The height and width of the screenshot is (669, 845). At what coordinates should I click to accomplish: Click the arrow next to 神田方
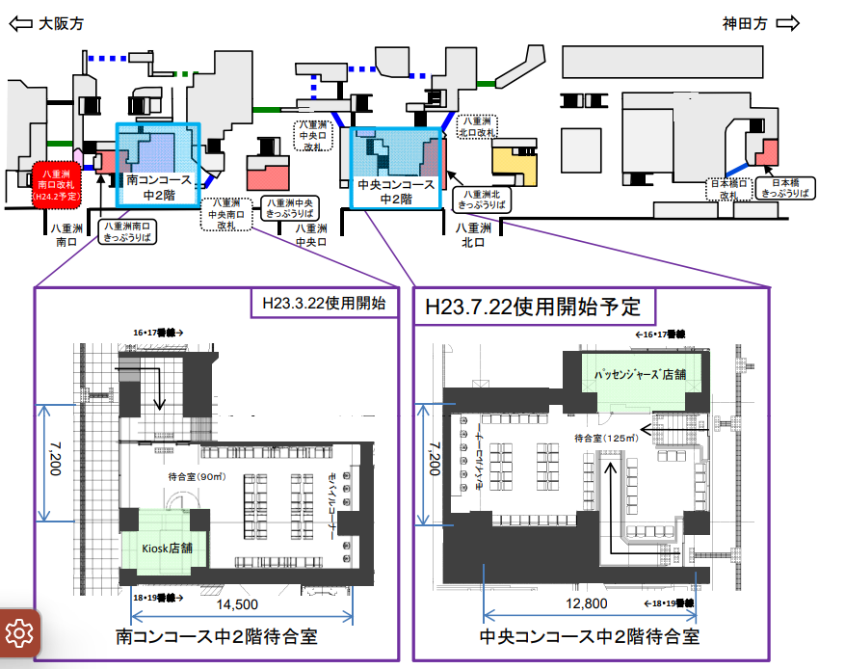pos(788,24)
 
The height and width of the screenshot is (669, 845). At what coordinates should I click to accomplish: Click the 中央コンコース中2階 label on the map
pos(395,191)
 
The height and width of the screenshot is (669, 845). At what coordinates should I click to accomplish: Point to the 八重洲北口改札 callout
pos(479,127)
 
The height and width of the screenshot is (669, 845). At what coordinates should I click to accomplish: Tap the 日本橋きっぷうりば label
pos(787,187)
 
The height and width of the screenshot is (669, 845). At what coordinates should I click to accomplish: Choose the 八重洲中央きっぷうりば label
pos(291,209)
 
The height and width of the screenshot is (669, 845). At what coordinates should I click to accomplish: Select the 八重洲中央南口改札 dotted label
pos(226,213)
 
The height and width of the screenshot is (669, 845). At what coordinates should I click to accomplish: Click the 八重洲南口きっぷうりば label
pos(126,231)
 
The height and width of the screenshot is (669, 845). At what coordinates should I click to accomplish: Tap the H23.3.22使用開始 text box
pos(324,303)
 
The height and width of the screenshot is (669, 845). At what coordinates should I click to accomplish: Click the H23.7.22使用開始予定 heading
pos(533,308)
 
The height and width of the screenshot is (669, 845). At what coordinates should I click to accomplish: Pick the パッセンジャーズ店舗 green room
pos(640,373)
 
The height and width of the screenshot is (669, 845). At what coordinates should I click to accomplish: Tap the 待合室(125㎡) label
pos(603,438)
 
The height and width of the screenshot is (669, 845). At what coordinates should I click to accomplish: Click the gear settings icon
pos(18,632)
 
